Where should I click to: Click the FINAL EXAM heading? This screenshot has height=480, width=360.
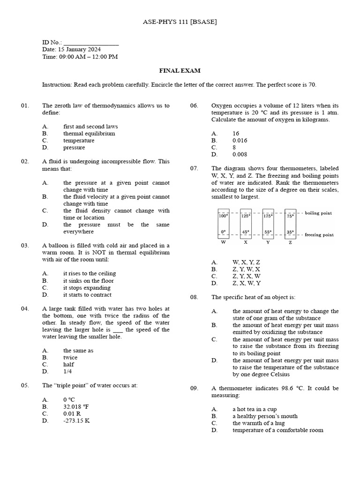coord(180,71)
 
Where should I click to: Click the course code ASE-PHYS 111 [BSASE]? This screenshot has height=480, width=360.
coord(180,22)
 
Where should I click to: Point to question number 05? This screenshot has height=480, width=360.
coord(25,385)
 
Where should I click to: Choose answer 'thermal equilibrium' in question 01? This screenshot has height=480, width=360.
coord(89,134)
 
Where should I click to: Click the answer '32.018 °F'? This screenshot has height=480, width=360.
coord(79,407)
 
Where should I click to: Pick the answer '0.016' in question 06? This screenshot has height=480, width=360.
coord(240,141)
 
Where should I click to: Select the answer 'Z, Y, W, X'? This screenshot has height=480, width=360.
coord(247,270)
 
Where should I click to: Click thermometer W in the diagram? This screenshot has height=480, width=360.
coord(223,223)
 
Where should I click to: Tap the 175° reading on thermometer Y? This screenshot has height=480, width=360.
coord(268,216)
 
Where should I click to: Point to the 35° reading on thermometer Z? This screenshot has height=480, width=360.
coord(290,232)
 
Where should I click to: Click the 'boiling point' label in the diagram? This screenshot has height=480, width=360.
coord(318,213)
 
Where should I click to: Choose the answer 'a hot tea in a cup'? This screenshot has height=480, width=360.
coord(255,409)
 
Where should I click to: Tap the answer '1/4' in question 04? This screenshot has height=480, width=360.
coord(68,371)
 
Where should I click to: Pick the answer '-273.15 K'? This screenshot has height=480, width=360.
coord(76,421)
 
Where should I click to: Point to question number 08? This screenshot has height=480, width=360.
coord(194,297)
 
